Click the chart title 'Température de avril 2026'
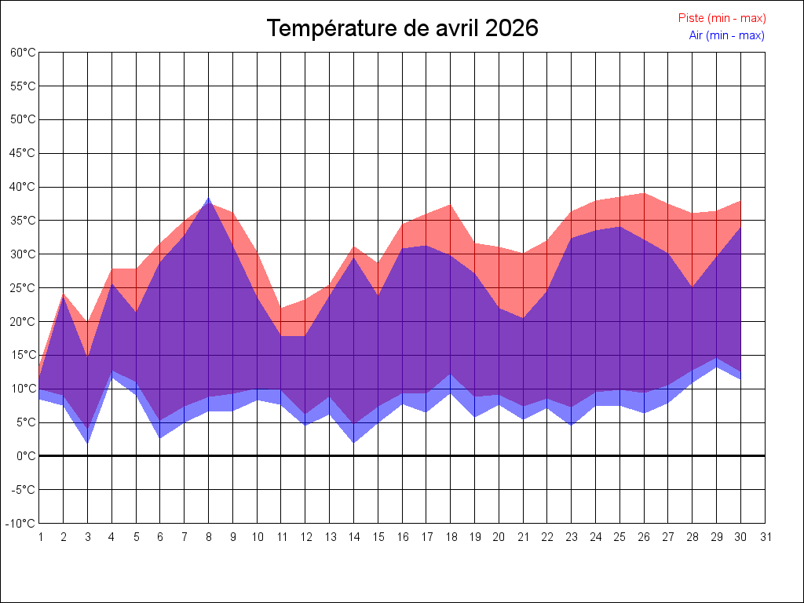coord(403,27)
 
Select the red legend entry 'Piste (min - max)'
coord(722,18)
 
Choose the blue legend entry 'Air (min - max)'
coord(726,35)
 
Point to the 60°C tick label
coord(23,53)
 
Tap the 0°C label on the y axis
coord(26,456)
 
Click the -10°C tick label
coord(20,524)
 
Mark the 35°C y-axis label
coord(23,221)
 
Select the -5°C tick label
coord(23,490)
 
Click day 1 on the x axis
coord(40,537)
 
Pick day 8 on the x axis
coord(209,537)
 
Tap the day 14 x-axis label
coord(354,537)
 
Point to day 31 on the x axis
coord(765,537)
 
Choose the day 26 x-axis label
coord(644,537)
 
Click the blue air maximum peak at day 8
coord(209,197)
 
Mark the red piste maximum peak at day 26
coord(644,193)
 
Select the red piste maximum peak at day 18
coord(450,205)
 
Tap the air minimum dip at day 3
coord(88,443)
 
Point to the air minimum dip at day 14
coord(354,442)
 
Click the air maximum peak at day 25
coord(620,227)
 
